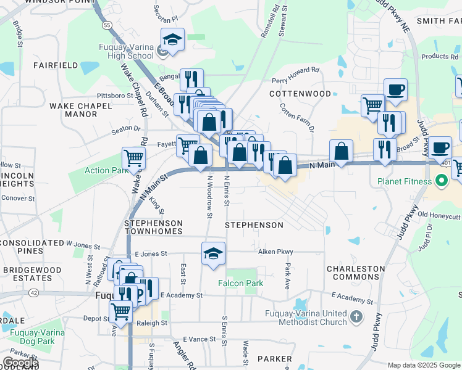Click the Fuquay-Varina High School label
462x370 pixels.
point(126,51)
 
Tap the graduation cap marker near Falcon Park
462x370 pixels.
point(214,253)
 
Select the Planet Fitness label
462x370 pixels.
point(406,182)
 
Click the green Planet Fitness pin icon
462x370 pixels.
point(441,182)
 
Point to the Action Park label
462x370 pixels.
point(106,170)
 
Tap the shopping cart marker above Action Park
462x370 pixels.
point(133,158)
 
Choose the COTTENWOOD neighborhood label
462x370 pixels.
point(301,94)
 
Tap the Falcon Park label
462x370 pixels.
point(240,283)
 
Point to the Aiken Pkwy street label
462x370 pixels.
point(275,252)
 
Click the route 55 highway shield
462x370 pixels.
point(107,25)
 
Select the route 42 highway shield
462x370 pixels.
point(33,294)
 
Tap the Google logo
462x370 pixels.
point(20,362)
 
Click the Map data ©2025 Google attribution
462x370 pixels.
point(423,365)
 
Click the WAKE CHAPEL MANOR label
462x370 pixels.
point(81,110)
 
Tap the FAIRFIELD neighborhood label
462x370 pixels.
point(56,65)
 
